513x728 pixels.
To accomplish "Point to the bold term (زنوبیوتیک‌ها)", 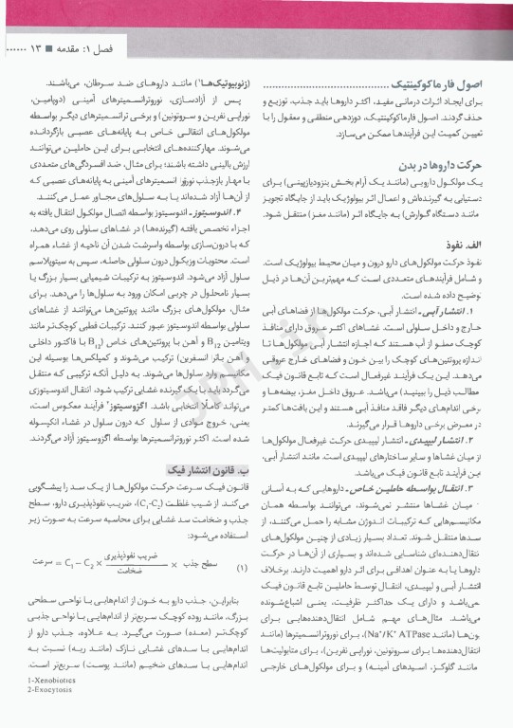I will pos(217,83).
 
